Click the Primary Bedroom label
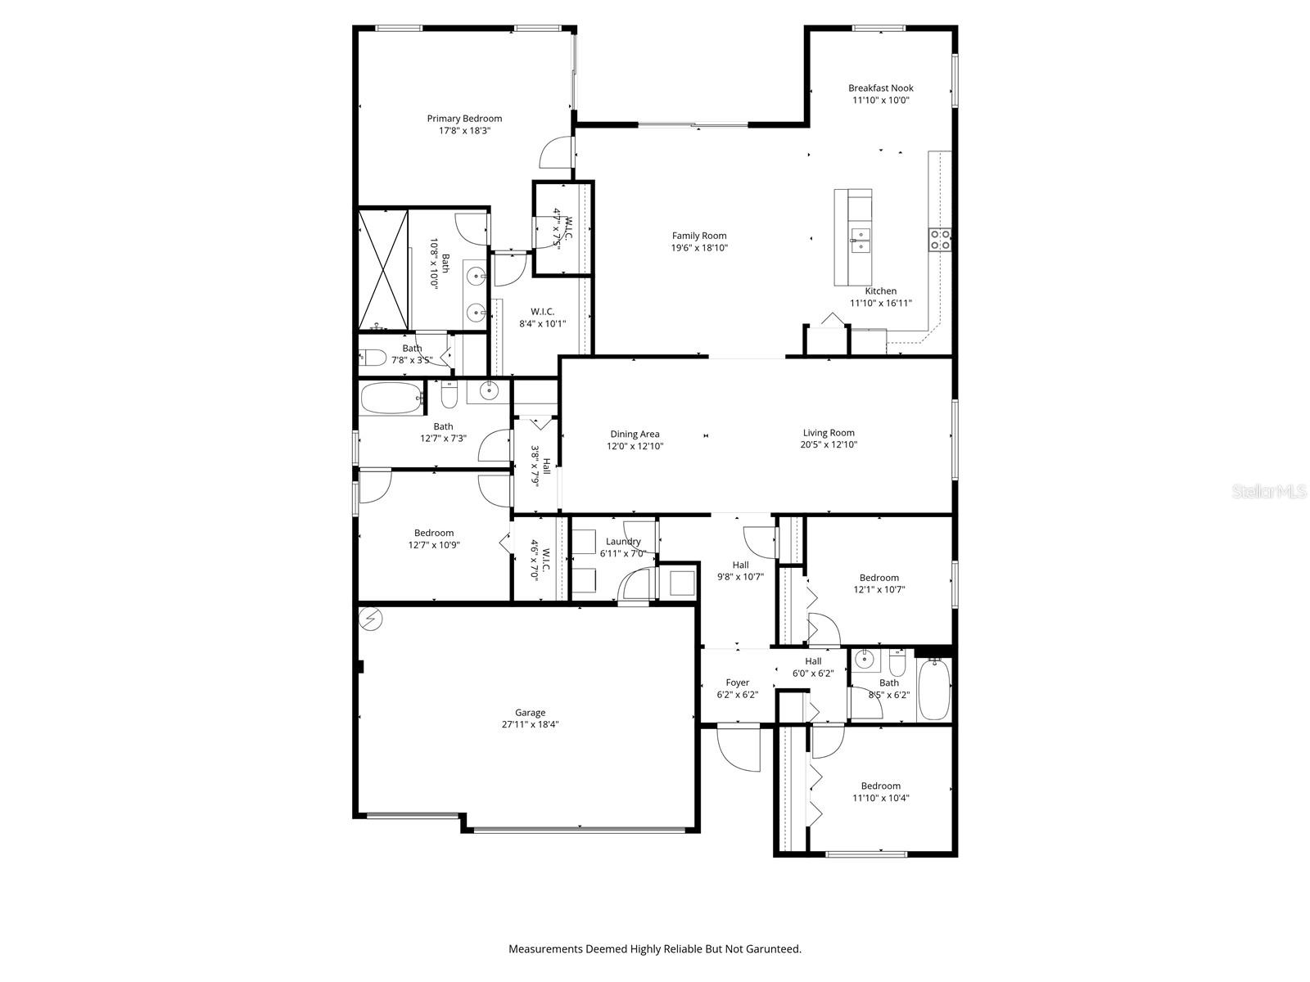(464, 119)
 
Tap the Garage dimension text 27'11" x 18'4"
(530, 724)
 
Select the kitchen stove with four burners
(939, 239)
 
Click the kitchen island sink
(860, 239)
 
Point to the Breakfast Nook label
(880, 88)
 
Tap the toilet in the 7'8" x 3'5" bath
(373, 358)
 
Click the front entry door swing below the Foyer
(739, 749)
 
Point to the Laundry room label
(623, 542)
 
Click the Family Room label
(699, 236)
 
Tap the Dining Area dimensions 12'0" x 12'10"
(635, 447)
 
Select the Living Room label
(829, 433)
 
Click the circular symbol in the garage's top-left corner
(371, 619)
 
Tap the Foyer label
(737, 682)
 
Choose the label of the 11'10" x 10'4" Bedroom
(880, 786)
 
